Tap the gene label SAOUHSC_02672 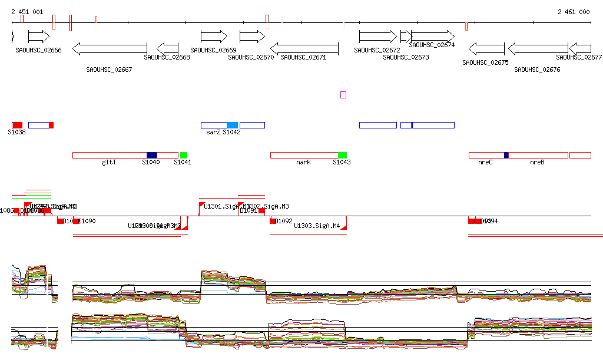pos(377,51)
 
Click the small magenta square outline pos(343,94)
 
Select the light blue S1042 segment pos(233,125)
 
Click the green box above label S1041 pos(184,155)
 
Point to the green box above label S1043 pos(342,155)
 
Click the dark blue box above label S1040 pos(152,155)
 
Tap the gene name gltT pos(109,162)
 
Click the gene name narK pos(303,162)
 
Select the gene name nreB pos(537,162)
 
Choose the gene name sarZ pos(213,132)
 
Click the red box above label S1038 pos(18,125)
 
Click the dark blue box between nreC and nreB pos(506,155)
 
